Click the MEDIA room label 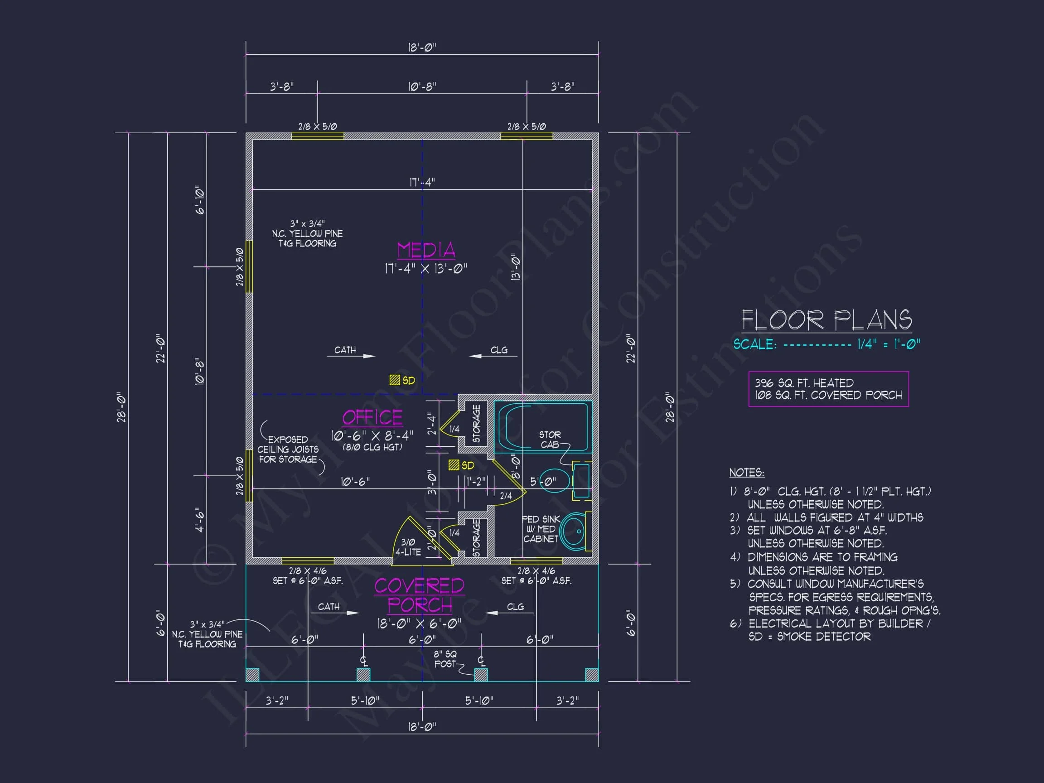tap(426, 250)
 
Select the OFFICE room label tap(372, 417)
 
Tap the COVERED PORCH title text tap(419, 595)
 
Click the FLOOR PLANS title tap(826, 320)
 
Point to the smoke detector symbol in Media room tap(395, 380)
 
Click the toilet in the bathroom tap(554, 480)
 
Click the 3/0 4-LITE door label tap(408, 547)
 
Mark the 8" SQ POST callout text tap(445, 659)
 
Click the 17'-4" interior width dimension tap(421, 182)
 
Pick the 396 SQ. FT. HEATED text tap(804, 383)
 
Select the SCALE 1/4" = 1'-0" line tap(826, 344)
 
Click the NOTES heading tap(746, 473)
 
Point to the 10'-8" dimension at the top tap(421, 87)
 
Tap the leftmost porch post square tap(252, 675)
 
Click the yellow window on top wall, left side tap(317, 136)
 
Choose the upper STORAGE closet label tap(476, 423)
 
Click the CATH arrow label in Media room tap(345, 350)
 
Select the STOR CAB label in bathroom tap(550, 439)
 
